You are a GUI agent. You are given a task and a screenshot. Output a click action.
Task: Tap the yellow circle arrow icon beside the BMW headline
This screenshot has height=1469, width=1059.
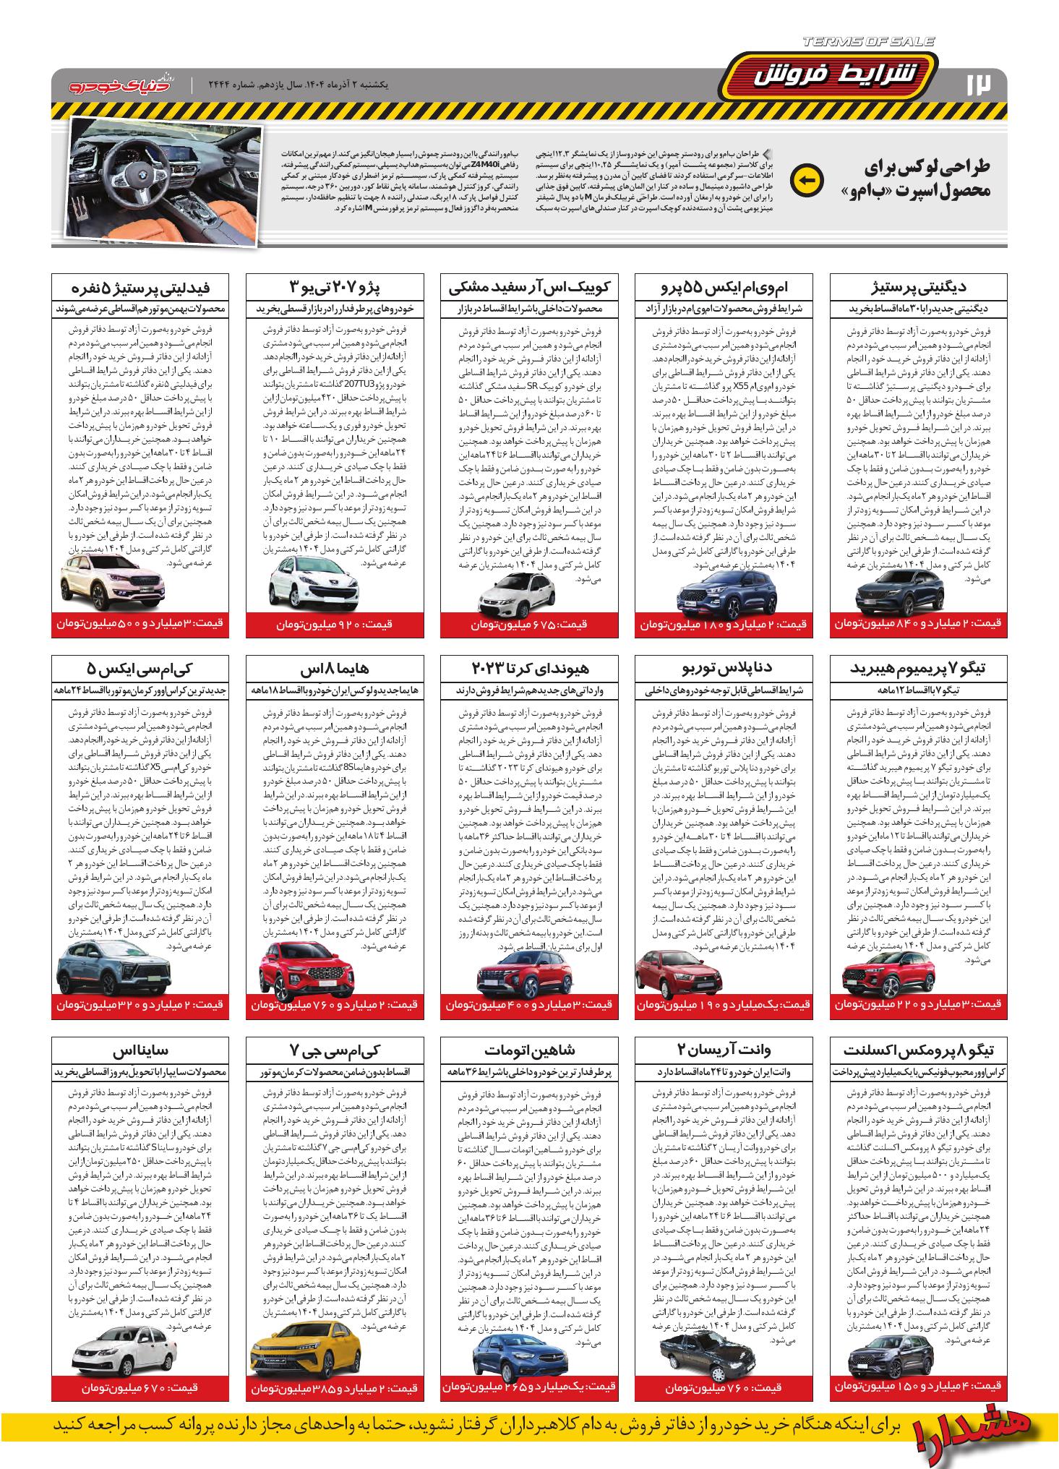[807, 181]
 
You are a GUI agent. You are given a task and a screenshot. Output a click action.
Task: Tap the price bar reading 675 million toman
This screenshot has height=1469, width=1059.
[529, 624]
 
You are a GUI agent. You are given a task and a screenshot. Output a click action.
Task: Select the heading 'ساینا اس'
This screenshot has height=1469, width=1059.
[142, 1050]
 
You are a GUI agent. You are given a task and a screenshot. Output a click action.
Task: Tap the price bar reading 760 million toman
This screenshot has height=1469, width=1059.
[724, 1387]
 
